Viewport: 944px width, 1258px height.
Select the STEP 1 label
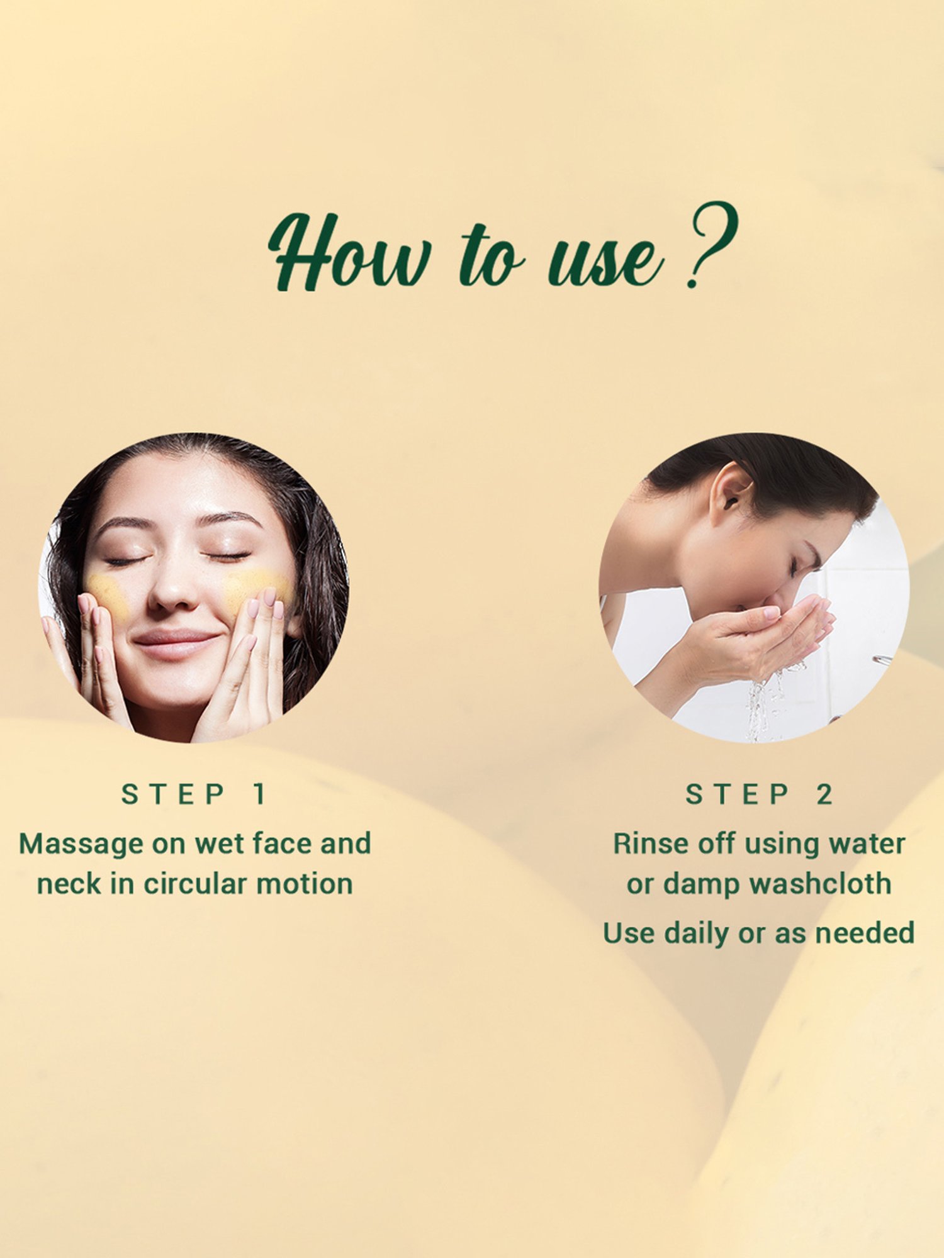194,794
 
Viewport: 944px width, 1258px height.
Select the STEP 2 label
759,794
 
